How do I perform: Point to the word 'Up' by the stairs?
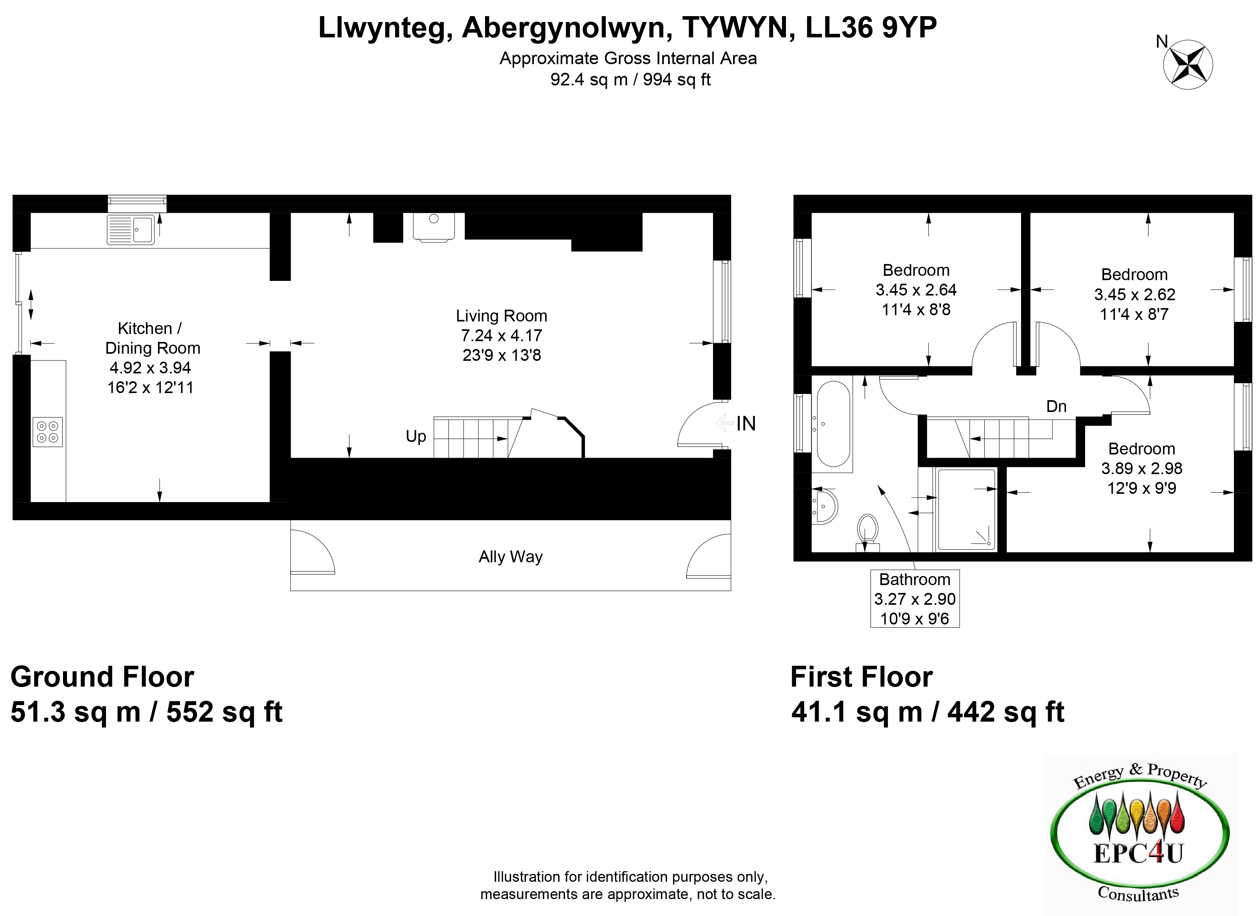click(x=416, y=436)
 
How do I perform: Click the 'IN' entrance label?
click(x=746, y=424)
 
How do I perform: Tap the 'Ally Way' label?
click(x=510, y=557)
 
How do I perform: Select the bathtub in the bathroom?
click(x=833, y=424)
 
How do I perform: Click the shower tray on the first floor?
click(x=966, y=510)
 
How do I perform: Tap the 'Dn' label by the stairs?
click(x=1056, y=406)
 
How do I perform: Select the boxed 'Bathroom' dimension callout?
click(x=915, y=599)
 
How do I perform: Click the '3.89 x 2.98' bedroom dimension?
click(x=1142, y=469)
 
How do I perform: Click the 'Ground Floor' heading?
click(x=103, y=677)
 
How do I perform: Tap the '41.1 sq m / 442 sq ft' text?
click(x=928, y=712)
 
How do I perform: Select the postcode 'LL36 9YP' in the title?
click(x=871, y=28)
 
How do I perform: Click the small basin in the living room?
click(x=434, y=227)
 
